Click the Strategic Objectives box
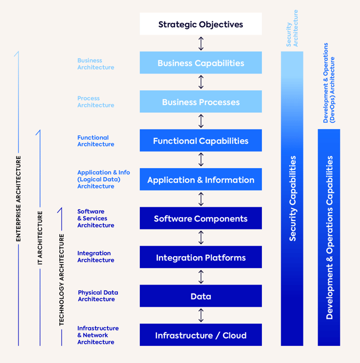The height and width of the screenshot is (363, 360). [x=201, y=24]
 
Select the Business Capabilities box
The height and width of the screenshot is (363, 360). [x=201, y=63]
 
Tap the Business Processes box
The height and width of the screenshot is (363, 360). [x=201, y=102]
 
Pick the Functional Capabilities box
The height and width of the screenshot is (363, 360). [x=201, y=141]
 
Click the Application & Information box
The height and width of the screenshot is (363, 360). [x=201, y=180]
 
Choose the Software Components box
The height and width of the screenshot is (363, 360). [x=201, y=218]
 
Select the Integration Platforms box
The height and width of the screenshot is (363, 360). [x=201, y=257]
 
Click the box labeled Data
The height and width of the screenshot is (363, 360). [x=201, y=296]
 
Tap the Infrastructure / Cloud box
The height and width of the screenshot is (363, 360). [x=201, y=335]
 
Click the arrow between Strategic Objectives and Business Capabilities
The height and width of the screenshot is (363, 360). [x=201, y=43]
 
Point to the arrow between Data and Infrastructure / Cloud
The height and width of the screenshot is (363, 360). [x=201, y=315]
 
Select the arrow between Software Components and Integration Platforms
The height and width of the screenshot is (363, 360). [x=201, y=238]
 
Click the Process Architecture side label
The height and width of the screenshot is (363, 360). [x=95, y=102]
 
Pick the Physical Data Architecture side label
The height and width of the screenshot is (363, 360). [x=98, y=296]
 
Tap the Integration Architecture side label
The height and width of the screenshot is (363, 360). [x=95, y=257]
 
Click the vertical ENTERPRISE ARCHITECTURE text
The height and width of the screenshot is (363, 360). [x=19, y=199]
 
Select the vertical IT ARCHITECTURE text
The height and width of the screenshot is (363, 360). [x=40, y=238]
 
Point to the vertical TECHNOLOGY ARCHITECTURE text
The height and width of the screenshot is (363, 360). [x=61, y=280]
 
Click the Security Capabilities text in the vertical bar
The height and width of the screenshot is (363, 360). [x=292, y=199]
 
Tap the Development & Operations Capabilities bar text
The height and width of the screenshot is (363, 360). [x=329, y=238]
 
